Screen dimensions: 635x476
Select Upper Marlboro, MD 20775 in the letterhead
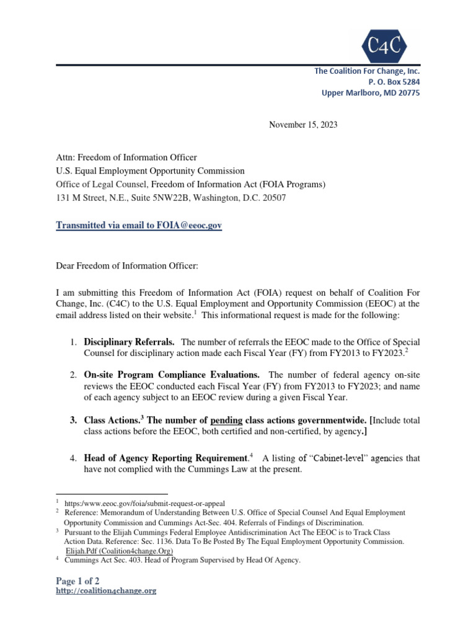pos(370,92)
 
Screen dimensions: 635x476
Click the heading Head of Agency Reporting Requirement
pos(165,458)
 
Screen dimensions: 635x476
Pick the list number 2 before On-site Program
pos(73,375)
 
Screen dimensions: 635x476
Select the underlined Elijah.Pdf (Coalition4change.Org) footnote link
pos(119,551)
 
